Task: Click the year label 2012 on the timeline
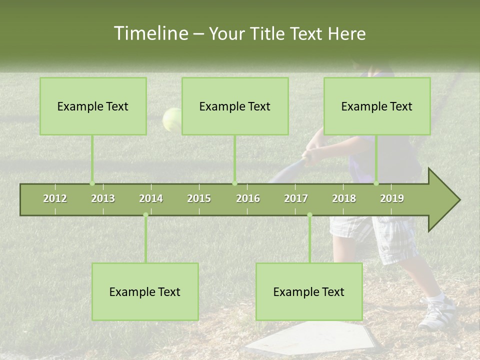pos(55,198)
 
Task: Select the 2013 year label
pos(103,198)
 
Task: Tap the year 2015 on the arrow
pos(199,198)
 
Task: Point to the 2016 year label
pos(248,198)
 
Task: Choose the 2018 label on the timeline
pos(344,198)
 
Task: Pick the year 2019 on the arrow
pos(392,198)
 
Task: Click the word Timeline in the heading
pos(150,33)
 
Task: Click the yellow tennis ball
pos(172,119)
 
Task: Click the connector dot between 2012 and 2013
pos(92,183)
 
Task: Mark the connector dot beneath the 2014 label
pos(145,215)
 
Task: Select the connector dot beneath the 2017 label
pos(309,215)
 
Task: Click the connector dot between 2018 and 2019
pos(376,183)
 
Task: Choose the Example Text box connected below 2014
pos(145,292)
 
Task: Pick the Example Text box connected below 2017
pos(309,292)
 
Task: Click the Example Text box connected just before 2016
pos(235,106)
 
